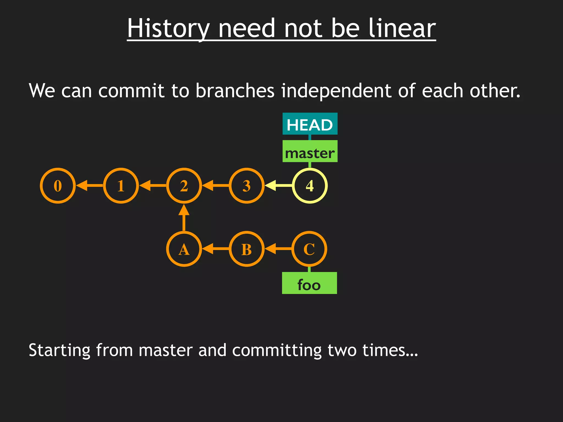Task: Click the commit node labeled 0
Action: pos(58,186)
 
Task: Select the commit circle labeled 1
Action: pos(121,186)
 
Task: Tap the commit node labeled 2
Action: pos(184,186)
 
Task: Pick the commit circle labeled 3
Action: pos(247,186)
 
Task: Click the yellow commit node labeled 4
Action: pos(310,186)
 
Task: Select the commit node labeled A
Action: pos(184,249)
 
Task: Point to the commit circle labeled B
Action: pos(247,249)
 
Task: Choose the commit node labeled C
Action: pos(309,249)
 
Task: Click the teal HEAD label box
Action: pos(310,124)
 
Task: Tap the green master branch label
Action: pos(310,151)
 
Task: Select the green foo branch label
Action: pos(309,283)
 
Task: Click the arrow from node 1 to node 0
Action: pos(89,186)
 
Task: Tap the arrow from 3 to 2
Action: pos(216,186)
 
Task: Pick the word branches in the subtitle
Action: pos(235,91)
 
